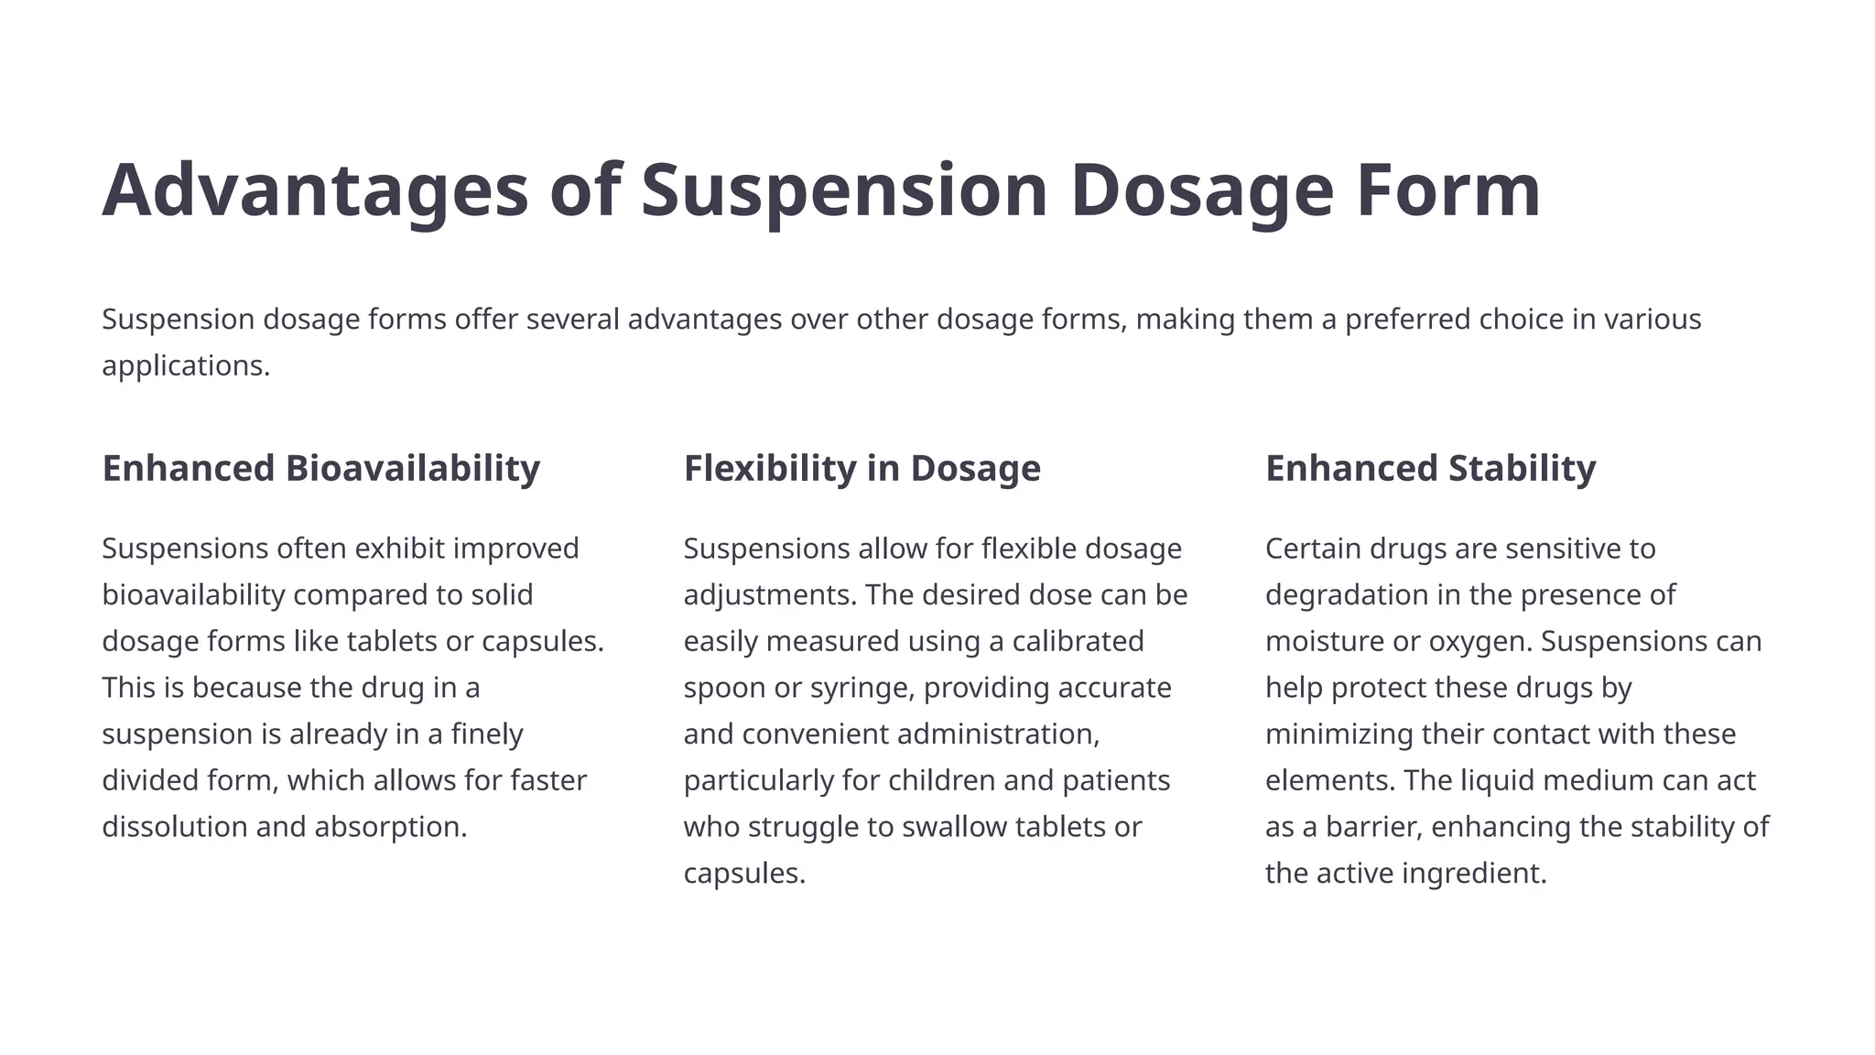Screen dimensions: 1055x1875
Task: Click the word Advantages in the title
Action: (315, 190)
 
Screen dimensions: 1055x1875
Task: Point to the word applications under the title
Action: (185, 365)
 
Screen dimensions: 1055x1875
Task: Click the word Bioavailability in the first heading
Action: (412, 468)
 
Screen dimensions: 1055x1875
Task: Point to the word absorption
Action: (390, 827)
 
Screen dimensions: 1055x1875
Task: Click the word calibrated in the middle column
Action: (1078, 641)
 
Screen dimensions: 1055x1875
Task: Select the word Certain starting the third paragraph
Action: (1313, 549)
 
